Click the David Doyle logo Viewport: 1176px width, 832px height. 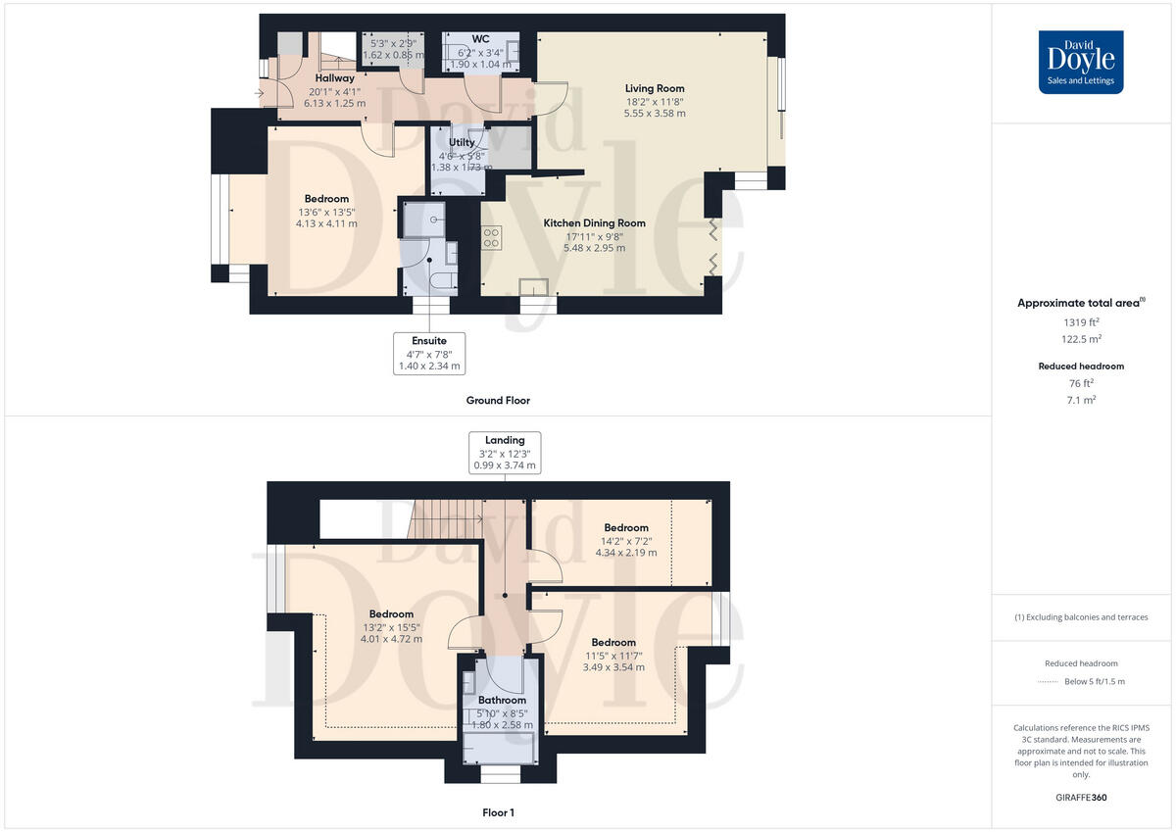(x=1081, y=62)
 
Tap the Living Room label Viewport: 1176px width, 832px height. (x=655, y=88)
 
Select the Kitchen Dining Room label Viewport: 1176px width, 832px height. (x=594, y=223)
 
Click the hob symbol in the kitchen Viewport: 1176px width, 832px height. (x=491, y=237)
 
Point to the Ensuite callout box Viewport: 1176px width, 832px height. (x=428, y=354)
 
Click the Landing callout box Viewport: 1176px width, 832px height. (x=504, y=453)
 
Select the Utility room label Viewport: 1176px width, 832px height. (x=462, y=143)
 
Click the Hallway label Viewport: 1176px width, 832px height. (x=334, y=77)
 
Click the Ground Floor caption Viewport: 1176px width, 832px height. (x=498, y=401)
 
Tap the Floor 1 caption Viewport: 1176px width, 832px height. (x=498, y=812)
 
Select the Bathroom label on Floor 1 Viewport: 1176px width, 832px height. (x=502, y=700)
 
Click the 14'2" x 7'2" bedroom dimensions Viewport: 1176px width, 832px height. (x=626, y=540)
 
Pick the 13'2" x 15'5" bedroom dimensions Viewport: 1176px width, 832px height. (x=391, y=627)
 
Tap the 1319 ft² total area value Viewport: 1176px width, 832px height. (x=1081, y=321)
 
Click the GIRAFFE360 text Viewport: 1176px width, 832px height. (x=1081, y=798)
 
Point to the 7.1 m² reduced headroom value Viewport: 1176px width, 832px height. (x=1081, y=400)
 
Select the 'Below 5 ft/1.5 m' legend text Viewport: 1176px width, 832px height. (x=1094, y=681)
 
